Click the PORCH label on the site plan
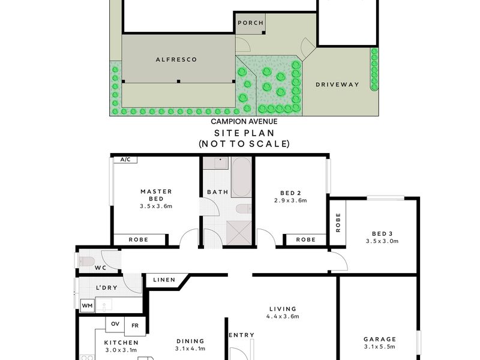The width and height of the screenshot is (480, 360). click(250, 23)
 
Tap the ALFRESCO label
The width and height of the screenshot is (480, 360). click(176, 59)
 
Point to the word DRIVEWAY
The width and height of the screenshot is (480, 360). click(337, 85)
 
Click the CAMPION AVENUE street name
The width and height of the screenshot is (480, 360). click(244, 122)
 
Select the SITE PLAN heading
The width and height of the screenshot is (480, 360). click(244, 133)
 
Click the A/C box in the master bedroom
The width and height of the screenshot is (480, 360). click(125, 160)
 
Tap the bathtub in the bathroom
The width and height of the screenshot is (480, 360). click(242, 177)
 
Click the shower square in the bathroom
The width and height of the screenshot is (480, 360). click(239, 233)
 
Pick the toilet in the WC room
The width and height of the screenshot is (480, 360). click(87, 262)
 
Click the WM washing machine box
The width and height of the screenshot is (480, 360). click(88, 306)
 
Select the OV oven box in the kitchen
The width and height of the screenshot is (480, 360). click(115, 324)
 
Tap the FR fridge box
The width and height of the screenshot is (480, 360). click(135, 326)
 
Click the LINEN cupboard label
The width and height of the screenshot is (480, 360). click(164, 280)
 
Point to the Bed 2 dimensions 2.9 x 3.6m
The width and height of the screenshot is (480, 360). click(290, 200)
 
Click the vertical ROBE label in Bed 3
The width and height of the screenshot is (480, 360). click(338, 223)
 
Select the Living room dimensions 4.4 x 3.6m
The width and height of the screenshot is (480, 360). click(283, 317)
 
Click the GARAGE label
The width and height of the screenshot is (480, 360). click(380, 339)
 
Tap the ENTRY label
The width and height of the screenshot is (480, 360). click(242, 335)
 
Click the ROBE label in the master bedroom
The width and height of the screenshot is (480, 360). click(139, 239)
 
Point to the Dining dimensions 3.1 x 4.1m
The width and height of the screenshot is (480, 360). click(190, 349)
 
